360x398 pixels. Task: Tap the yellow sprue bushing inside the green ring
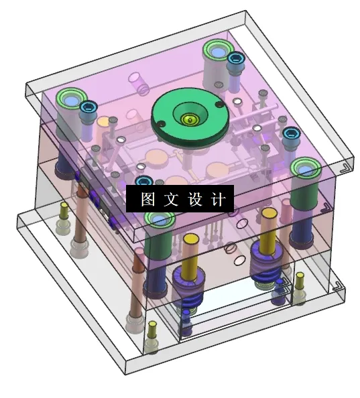190,120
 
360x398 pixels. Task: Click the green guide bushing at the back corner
217,50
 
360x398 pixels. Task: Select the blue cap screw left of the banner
142,181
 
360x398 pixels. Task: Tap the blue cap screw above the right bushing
290,135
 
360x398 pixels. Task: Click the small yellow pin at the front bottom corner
152,329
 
